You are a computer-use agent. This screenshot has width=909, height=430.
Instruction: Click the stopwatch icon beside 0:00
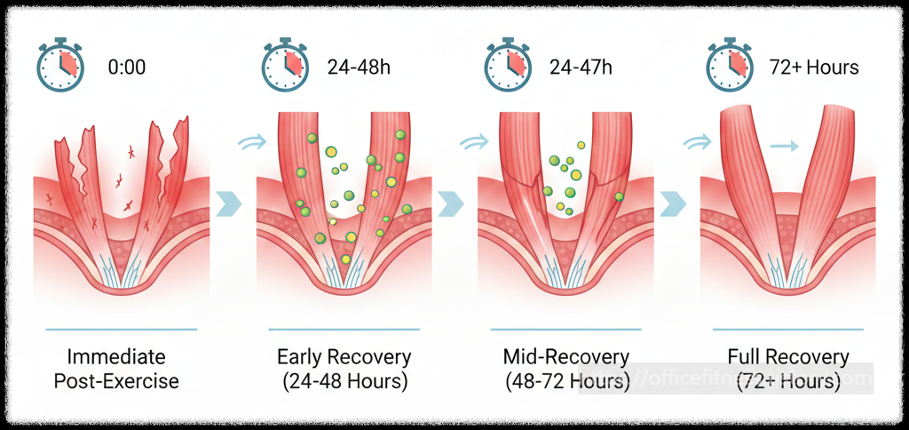click(x=59, y=66)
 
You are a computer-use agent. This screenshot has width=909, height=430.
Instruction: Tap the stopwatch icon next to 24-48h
click(x=283, y=66)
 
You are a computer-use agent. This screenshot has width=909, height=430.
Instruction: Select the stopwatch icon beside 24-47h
click(x=506, y=66)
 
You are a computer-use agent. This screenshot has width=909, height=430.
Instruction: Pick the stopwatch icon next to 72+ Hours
click(x=729, y=66)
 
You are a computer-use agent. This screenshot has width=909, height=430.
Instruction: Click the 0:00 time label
click(x=127, y=67)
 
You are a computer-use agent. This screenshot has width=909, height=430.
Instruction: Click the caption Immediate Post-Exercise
click(x=116, y=370)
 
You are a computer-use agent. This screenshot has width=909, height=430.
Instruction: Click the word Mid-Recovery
click(x=566, y=358)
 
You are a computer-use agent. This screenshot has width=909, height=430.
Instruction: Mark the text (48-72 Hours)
click(x=566, y=382)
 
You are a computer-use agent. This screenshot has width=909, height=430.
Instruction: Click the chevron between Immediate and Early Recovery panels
click(x=229, y=203)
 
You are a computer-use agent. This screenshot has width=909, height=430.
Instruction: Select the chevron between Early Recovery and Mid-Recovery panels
click(x=451, y=203)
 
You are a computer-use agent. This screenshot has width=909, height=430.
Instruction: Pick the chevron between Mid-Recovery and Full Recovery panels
click(x=674, y=203)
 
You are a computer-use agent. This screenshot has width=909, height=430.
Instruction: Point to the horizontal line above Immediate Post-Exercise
click(x=120, y=328)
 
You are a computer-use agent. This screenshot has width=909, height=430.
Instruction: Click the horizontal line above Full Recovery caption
click(x=788, y=328)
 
